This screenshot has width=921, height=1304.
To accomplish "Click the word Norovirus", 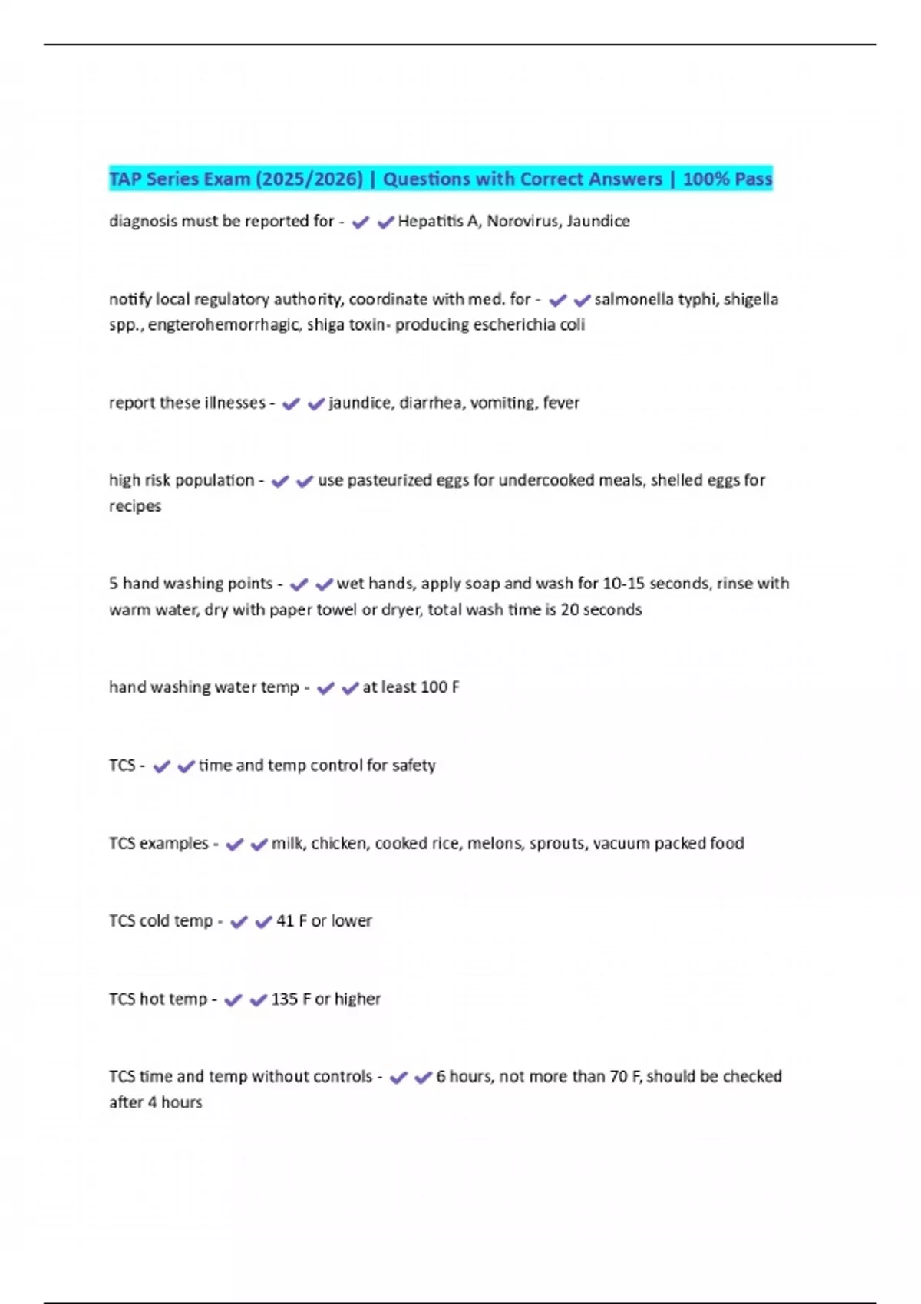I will tap(523, 221).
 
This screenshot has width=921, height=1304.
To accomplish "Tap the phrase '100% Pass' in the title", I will tap(727, 179).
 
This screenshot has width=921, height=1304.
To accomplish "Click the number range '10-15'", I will tap(623, 584).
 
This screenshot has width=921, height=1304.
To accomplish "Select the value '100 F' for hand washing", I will tap(440, 687).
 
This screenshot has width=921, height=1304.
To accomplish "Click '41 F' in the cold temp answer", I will tap(292, 921).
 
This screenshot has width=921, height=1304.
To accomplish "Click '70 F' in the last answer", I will tap(625, 1077).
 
